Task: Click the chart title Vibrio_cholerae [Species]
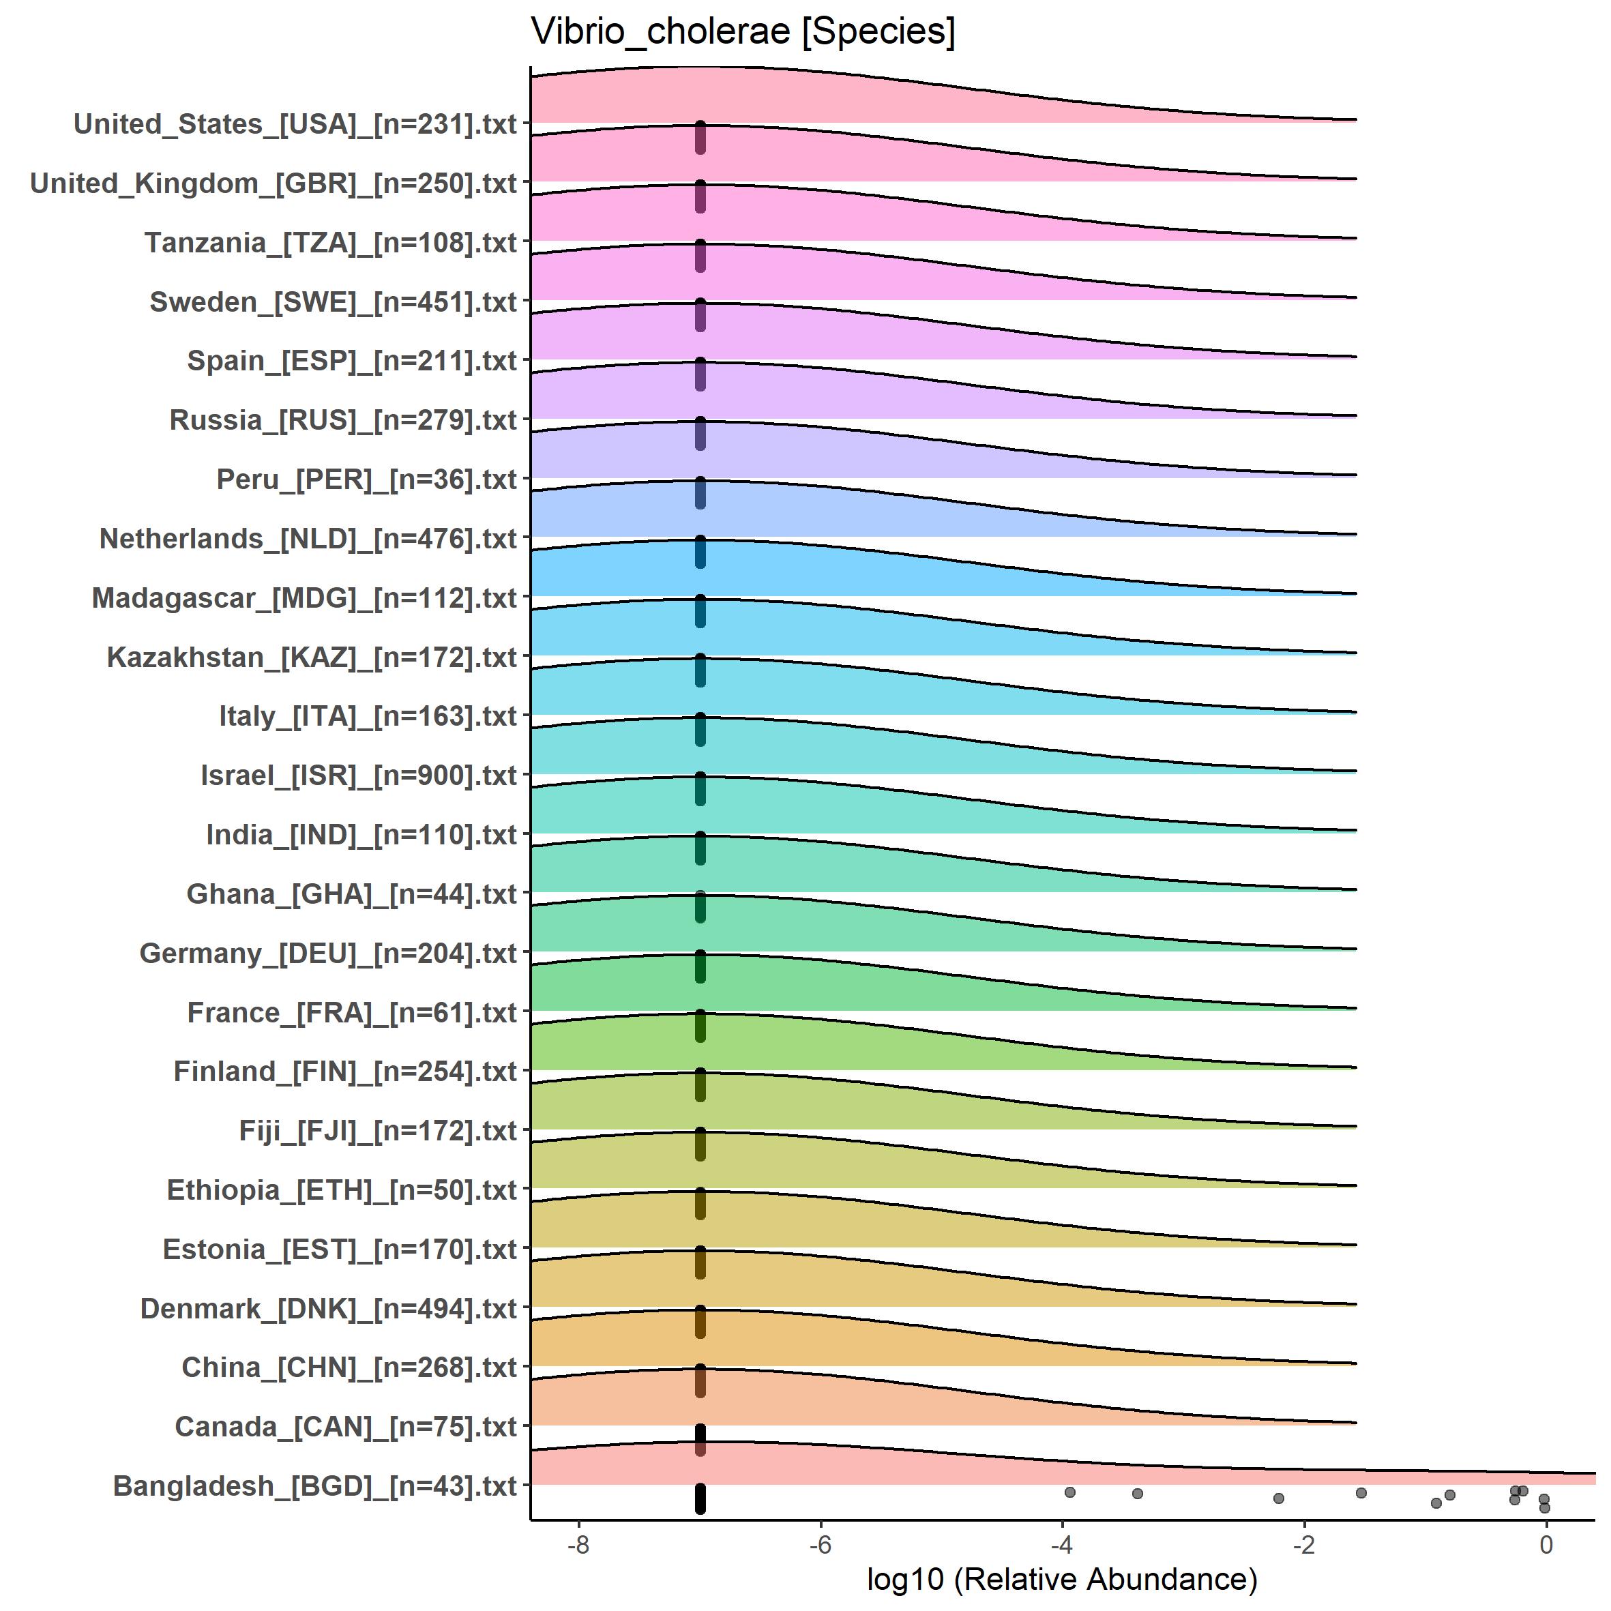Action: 743,31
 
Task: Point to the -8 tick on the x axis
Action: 578,1545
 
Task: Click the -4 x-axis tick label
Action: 1061,1545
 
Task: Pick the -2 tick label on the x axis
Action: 1304,1545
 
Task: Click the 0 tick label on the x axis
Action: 1546,1545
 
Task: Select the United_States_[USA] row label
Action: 295,124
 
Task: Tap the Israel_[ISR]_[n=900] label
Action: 359,775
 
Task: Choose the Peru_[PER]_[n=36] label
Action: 366,479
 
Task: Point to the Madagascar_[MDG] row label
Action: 304,598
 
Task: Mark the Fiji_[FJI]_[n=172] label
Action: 378,1131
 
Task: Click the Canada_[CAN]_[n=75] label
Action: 346,1427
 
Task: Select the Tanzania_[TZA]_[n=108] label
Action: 330,243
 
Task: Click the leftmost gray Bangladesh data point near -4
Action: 1070,1492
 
